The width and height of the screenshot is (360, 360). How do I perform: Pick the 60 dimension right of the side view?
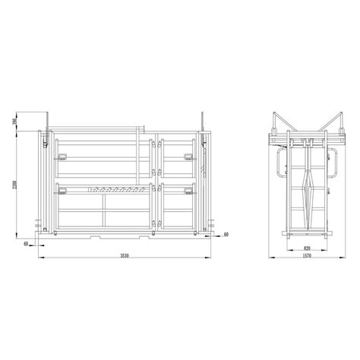click(x=226, y=235)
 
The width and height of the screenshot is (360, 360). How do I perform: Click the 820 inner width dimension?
click(x=306, y=248)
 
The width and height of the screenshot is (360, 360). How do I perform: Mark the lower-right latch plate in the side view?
click(x=188, y=190)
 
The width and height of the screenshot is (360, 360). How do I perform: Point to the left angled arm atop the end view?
click(x=283, y=125)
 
